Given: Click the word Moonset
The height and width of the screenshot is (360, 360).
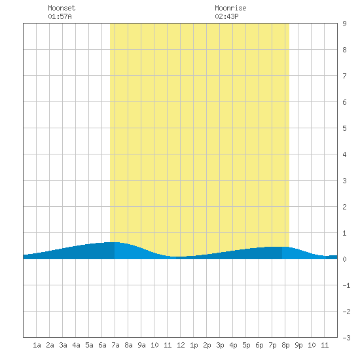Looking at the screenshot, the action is tap(62, 8).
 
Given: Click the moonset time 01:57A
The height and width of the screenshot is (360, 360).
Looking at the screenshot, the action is tap(60, 16).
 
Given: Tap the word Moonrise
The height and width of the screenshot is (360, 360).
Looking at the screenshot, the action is tap(230, 8).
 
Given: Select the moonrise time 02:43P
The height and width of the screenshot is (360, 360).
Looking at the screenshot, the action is tap(226, 16).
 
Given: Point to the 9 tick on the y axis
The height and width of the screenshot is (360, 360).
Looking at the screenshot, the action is tap(344, 24).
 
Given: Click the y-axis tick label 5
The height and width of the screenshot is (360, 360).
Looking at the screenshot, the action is tap(344, 128).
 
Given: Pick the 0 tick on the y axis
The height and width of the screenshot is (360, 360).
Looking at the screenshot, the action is tap(344, 259).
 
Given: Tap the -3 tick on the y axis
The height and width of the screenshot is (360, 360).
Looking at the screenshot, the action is tap(346, 338).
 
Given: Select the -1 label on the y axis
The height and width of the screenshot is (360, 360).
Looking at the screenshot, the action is tap(346, 285).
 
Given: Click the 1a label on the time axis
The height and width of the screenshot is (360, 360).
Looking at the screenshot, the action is tap(37, 345).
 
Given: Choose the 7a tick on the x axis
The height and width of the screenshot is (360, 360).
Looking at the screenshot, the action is tap(115, 345).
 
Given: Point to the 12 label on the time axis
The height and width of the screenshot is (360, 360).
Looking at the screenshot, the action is tap(181, 345).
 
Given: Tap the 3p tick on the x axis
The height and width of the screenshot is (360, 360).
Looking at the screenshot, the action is tap(220, 345).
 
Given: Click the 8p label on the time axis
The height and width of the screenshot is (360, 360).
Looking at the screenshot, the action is tap(285, 345).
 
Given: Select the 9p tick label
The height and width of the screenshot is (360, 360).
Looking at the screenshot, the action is tap(298, 345).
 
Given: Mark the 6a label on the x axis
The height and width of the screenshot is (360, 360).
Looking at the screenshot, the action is tap(102, 345).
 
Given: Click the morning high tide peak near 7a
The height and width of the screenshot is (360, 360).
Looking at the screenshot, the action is tap(113, 242).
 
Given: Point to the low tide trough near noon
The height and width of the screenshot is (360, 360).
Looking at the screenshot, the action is tap(179, 257).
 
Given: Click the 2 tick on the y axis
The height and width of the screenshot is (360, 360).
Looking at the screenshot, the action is tap(344, 207).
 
